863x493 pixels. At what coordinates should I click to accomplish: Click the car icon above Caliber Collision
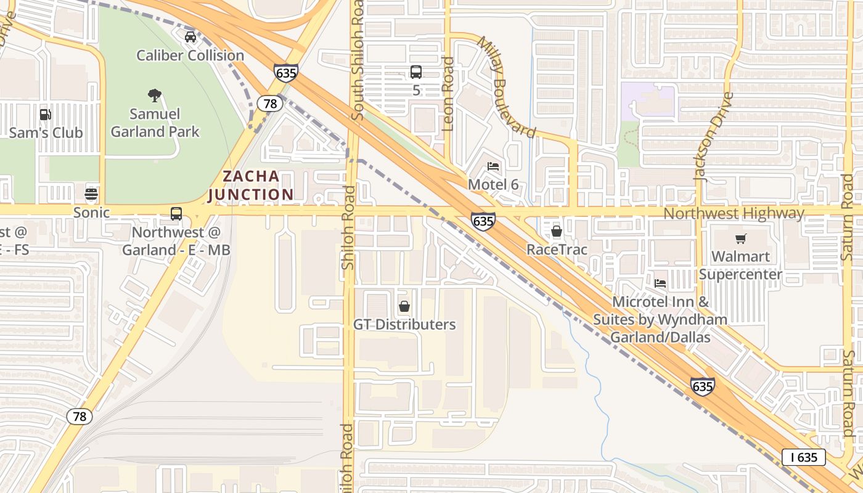pyautogui.click(x=190, y=37)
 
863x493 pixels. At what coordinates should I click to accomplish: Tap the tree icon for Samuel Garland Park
pyautogui.click(x=155, y=95)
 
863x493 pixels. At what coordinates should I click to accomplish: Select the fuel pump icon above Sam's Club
pyautogui.click(x=45, y=114)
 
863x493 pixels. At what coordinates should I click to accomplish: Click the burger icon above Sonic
pyautogui.click(x=91, y=194)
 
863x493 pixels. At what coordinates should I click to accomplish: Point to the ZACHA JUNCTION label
pyautogui.click(x=251, y=185)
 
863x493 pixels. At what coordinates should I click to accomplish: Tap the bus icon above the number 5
pyautogui.click(x=416, y=72)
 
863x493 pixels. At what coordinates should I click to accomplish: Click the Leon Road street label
pyautogui.click(x=448, y=94)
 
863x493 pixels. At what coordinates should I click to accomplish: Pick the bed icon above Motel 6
pyautogui.click(x=493, y=166)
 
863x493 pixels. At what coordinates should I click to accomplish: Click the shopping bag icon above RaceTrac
pyautogui.click(x=557, y=231)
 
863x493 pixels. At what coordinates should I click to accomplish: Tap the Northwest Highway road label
pyautogui.click(x=734, y=213)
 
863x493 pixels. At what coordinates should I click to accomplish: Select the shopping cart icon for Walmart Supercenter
pyautogui.click(x=740, y=238)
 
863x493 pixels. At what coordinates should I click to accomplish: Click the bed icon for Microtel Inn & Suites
pyautogui.click(x=660, y=283)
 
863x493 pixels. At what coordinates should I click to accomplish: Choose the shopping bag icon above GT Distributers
pyautogui.click(x=404, y=306)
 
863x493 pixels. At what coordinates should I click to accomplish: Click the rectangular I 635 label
pyautogui.click(x=803, y=457)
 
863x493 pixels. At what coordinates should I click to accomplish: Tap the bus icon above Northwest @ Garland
pyautogui.click(x=176, y=214)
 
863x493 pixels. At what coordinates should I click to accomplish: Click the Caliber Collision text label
pyautogui.click(x=190, y=55)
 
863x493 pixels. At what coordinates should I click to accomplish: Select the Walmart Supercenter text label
pyautogui.click(x=746, y=265)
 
